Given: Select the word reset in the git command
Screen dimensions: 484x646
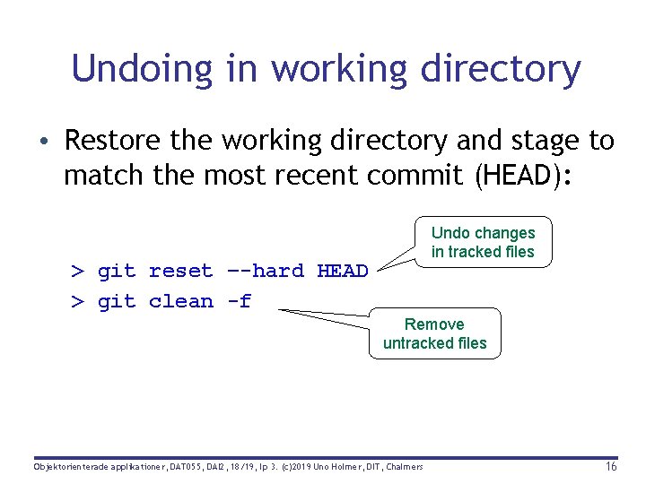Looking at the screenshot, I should pyautogui.click(x=181, y=271).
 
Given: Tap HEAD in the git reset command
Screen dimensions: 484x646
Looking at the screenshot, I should pyautogui.click(x=343, y=271).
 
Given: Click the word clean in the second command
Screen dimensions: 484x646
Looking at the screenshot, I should pyautogui.click(x=181, y=301).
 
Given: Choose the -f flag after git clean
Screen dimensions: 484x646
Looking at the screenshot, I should pyautogui.click(x=239, y=301).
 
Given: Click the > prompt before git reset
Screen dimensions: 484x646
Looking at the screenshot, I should pyautogui.click(x=78, y=271).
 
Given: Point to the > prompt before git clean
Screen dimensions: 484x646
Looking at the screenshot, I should pyautogui.click(x=78, y=301).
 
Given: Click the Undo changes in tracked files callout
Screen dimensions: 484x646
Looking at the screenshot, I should pyautogui.click(x=483, y=242).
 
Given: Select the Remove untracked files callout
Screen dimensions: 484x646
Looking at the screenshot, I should pyautogui.click(x=434, y=333).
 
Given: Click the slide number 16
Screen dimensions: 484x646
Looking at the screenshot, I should pyautogui.click(x=610, y=467).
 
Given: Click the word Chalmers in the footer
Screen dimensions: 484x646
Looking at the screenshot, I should pyautogui.click(x=402, y=467).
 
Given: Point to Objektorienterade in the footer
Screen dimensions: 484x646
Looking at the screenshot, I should pyautogui.click(x=69, y=467).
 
